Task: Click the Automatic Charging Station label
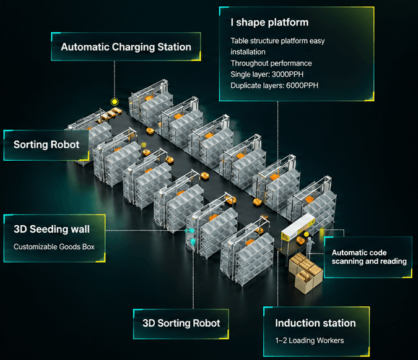click(126, 47)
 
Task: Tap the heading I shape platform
click(269, 22)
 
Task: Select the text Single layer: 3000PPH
click(267, 74)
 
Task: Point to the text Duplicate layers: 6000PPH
click(274, 85)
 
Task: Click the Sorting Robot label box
click(46, 145)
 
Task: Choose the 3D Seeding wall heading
click(51, 229)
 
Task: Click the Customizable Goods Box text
click(54, 247)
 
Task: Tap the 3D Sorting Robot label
click(181, 324)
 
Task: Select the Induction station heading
click(315, 323)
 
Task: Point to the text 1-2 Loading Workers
click(310, 340)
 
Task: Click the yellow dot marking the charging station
click(115, 101)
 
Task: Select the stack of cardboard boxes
click(305, 272)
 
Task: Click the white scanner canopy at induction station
click(297, 226)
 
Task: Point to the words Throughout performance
click(271, 63)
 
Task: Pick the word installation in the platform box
click(248, 52)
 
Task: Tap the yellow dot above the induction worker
click(307, 234)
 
